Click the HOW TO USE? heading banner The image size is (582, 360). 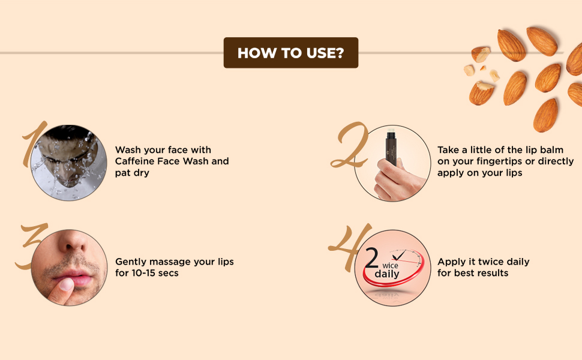[290, 53]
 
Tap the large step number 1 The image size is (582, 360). [34, 144]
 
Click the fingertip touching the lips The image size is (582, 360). [62, 289]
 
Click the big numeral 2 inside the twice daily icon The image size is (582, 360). [372, 259]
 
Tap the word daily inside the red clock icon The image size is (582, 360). [387, 274]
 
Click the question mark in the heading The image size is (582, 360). [340, 53]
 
